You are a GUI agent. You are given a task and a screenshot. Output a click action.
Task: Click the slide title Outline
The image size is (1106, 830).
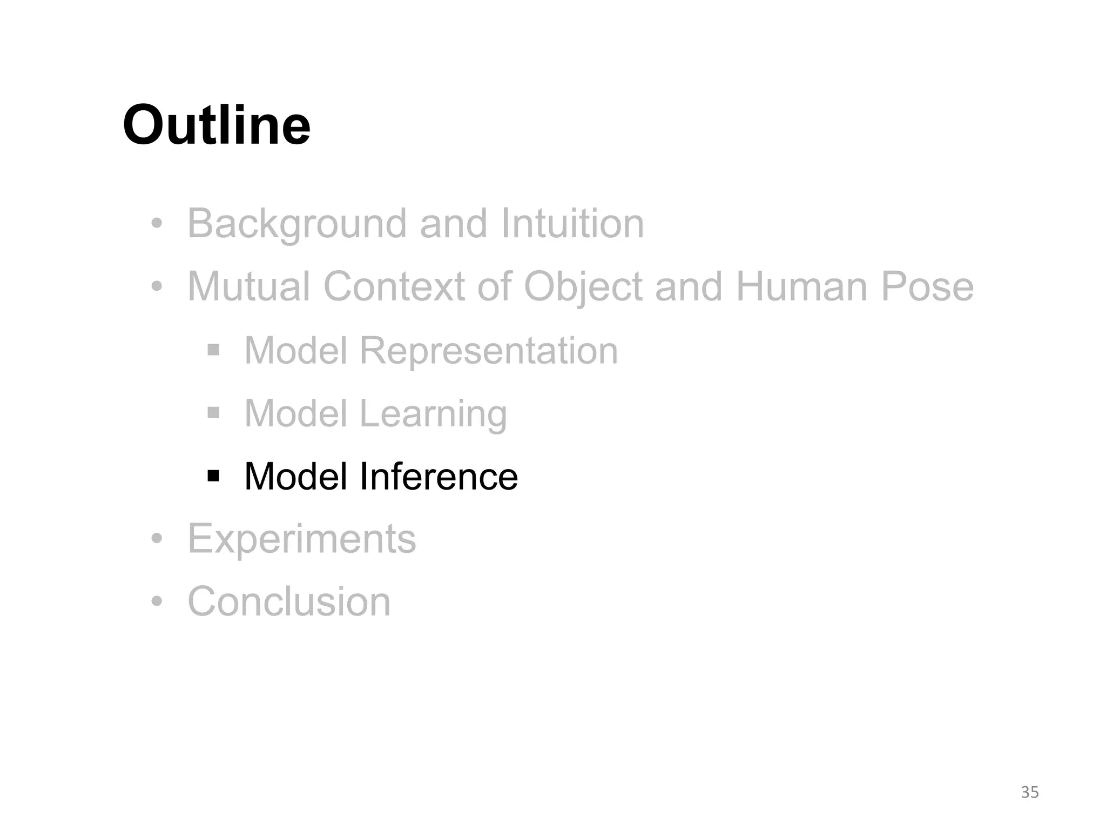pos(217,125)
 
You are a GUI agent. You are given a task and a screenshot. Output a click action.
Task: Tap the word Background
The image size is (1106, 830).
pos(296,224)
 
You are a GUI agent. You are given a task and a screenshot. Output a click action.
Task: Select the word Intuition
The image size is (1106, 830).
pos(572,224)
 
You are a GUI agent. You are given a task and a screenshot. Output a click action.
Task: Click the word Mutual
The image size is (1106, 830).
pos(249,286)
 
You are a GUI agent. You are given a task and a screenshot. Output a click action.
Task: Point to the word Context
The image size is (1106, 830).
pos(394,286)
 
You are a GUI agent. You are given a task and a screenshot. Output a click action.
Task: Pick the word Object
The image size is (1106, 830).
pos(583,287)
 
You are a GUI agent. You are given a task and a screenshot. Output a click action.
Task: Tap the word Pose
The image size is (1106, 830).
pos(927,286)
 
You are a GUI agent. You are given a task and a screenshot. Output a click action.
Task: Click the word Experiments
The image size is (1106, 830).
pos(302,539)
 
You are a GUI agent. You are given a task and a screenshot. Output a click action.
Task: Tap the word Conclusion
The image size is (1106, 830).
pos(289,601)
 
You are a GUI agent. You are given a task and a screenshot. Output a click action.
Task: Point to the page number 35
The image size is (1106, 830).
pos(1030,792)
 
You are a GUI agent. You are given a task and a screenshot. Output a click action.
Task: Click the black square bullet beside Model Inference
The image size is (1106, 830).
pos(213,476)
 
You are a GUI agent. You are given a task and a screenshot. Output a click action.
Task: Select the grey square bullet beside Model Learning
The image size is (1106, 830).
pos(213,413)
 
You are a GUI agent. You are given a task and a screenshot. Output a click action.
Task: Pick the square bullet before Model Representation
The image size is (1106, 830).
pos(213,350)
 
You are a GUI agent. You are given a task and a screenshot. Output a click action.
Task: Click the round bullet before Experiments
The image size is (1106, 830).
pos(157,539)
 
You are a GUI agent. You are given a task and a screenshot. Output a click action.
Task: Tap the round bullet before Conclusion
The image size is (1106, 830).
pos(157,601)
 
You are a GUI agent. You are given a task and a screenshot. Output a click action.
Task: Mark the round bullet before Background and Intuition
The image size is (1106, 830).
pos(157,223)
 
